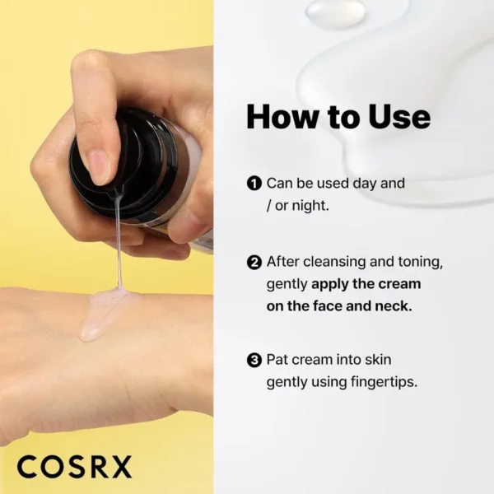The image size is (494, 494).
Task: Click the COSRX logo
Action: [x=74, y=466]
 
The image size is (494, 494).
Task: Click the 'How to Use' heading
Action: [x=338, y=117]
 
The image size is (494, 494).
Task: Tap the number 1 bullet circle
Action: [x=254, y=183]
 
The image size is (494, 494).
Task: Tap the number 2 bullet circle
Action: [x=254, y=263]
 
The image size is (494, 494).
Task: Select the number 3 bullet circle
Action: [x=254, y=360]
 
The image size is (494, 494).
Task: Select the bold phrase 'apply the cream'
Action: [x=366, y=284]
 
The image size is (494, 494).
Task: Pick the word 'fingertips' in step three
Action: [x=383, y=382]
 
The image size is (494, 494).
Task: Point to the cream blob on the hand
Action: [x=103, y=313]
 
